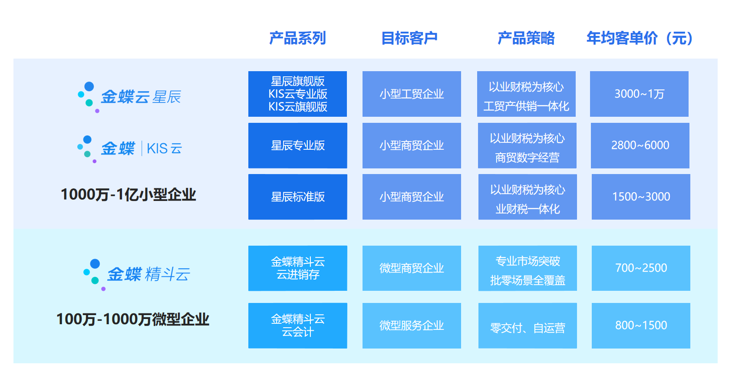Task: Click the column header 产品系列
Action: (297, 38)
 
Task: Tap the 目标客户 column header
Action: (409, 38)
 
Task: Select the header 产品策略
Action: (526, 38)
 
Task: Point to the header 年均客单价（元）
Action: (640, 38)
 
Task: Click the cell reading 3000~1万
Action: (639, 94)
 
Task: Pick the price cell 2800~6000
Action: (640, 145)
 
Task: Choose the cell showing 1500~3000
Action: (641, 197)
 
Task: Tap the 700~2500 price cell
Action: (641, 268)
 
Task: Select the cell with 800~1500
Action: (641, 326)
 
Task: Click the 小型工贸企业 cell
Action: (412, 94)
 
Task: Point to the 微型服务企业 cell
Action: (412, 326)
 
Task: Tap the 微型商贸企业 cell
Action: (412, 268)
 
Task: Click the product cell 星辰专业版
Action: (298, 145)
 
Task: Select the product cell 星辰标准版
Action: (298, 197)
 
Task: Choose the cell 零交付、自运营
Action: (528, 326)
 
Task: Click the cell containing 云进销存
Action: (298, 268)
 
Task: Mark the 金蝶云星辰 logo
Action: (129, 97)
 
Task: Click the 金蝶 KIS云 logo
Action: (129, 149)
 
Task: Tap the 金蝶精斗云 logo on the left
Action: (136, 274)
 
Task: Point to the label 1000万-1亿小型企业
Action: (129, 195)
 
